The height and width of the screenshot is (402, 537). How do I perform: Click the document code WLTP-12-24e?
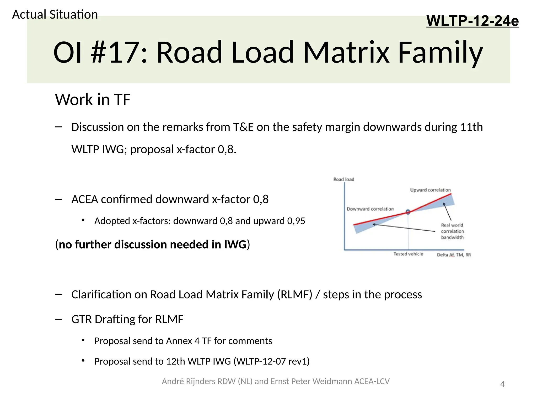[472, 21]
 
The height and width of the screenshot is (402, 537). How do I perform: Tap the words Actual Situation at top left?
[55, 14]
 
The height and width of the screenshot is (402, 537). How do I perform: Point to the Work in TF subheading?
[93, 99]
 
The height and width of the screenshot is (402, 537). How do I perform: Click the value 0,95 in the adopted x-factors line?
[296, 221]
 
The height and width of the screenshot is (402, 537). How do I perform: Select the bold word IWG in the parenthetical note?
[235, 244]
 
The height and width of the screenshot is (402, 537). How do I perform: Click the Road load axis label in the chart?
[343, 179]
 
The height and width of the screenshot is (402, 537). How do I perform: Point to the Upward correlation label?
[430, 190]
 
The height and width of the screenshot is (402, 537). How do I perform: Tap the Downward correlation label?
[370, 209]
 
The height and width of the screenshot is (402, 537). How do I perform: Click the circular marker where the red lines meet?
[408, 212]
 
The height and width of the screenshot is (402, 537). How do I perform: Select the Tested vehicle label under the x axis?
[408, 254]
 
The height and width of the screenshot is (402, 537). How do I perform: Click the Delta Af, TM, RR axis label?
[454, 255]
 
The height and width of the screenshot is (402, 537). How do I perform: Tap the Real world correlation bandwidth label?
[452, 231]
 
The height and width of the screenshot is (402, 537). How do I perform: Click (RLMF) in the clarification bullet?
[295, 295]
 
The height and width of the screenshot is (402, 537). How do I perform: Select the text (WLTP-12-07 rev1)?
[271, 361]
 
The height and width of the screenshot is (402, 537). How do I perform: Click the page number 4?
[502, 384]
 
